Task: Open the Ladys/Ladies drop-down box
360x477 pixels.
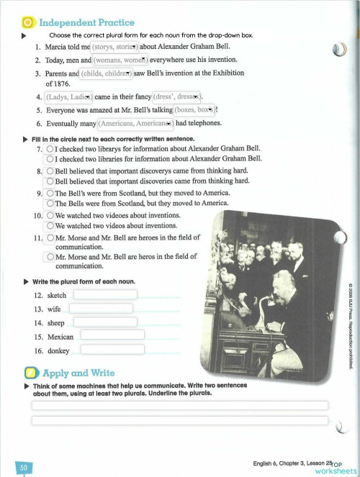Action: click(68, 97)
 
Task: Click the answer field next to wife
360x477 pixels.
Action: click(101, 309)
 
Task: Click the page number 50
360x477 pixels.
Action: click(24, 468)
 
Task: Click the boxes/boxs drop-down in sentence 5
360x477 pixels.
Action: click(194, 110)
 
